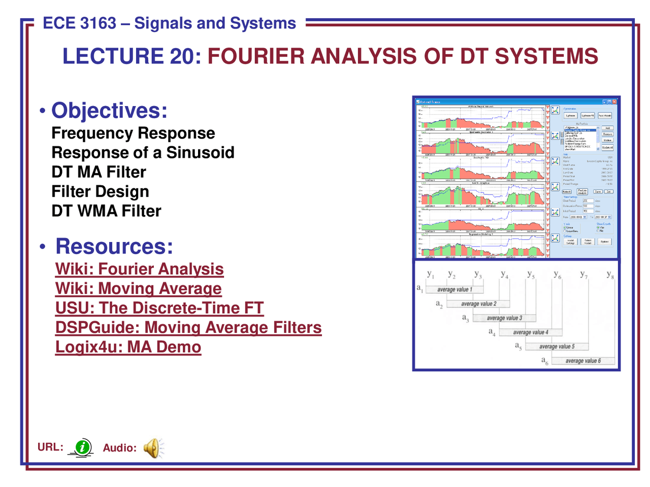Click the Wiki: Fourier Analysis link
tap(139, 269)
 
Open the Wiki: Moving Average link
tap(138, 288)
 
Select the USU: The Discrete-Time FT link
tap(159, 308)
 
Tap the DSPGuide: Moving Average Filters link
tap(188, 327)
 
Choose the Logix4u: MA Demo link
tap(128, 347)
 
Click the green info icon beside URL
tap(82, 447)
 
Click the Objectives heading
tap(109, 111)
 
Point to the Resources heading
tap(114, 246)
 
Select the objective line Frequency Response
tap(133, 133)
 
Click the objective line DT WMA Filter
tap(106, 211)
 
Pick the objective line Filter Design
tap(100, 192)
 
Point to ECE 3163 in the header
tap(79, 23)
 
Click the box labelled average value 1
tap(454, 290)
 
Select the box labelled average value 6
tap(583, 361)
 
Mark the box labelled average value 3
tap(504, 318)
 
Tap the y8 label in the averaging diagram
tap(610, 274)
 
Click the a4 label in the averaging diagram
tap(492, 332)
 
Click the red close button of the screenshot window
tap(614, 102)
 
